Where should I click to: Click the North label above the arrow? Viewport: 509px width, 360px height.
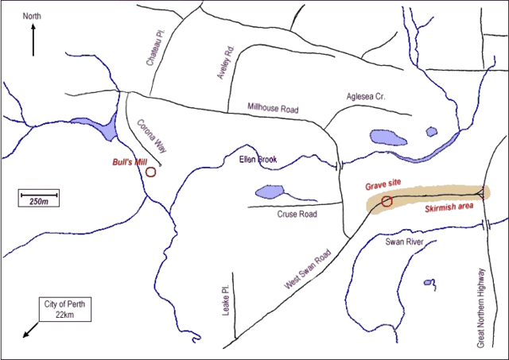point(33,16)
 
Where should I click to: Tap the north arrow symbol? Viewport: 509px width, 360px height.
point(33,40)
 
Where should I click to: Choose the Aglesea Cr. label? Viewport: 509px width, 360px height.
point(365,96)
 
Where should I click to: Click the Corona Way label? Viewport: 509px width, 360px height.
point(151,137)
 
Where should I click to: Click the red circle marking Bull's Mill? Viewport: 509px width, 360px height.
point(150,171)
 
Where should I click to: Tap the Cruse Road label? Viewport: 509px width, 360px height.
point(297,215)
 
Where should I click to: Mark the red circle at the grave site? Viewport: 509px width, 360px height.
point(387,201)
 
